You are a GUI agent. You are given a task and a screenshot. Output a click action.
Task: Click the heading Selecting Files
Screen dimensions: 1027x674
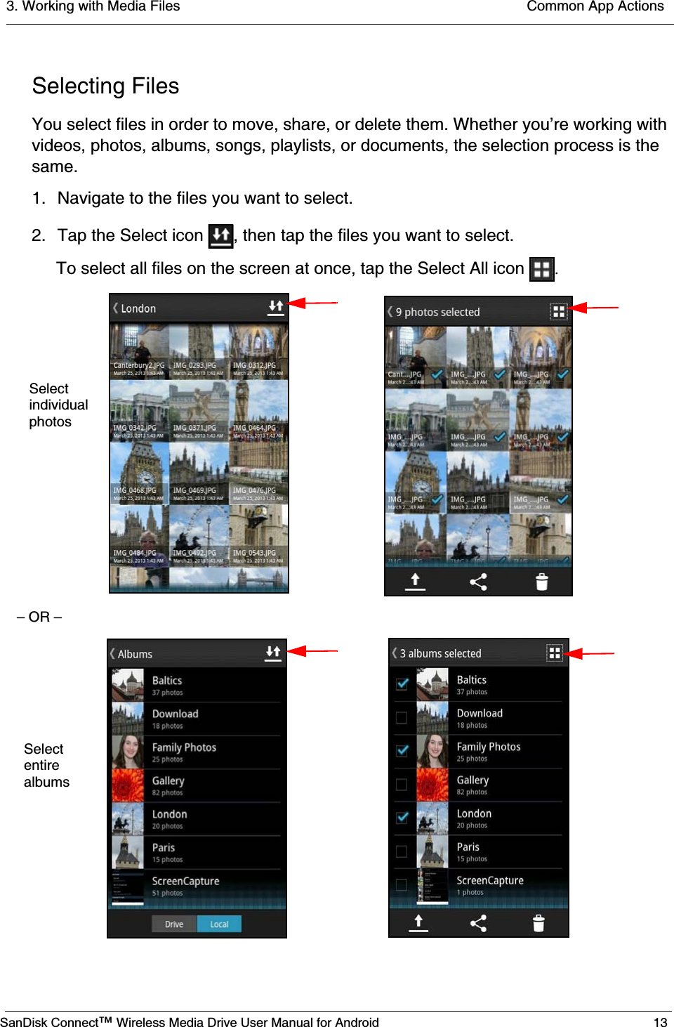[x=106, y=86]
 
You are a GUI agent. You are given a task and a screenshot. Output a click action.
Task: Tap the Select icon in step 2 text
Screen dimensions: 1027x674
[x=220, y=236]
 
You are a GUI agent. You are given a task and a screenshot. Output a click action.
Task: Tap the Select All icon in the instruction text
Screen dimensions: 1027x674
[x=541, y=269]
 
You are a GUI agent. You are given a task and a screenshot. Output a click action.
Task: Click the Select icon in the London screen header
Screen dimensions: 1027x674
[x=276, y=308]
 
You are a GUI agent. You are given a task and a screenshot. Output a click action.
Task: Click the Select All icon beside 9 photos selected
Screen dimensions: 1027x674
[x=558, y=311]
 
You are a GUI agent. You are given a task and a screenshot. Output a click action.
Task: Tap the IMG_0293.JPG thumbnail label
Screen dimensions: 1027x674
[x=194, y=365]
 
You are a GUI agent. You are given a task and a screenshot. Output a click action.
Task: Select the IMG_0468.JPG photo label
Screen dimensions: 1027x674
[x=135, y=490]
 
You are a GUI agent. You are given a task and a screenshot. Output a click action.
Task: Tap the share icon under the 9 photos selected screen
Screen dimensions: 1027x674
[x=478, y=582]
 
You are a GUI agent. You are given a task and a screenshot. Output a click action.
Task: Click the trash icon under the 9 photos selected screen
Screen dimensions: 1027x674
[x=541, y=582]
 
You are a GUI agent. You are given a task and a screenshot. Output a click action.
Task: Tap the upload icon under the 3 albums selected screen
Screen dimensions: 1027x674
[x=418, y=922]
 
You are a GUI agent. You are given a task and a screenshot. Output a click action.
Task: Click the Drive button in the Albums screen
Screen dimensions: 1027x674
[x=174, y=924]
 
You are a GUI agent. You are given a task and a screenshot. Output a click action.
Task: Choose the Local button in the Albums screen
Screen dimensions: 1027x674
[x=219, y=924]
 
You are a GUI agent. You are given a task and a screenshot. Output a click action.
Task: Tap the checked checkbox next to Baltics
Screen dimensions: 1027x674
[x=402, y=683]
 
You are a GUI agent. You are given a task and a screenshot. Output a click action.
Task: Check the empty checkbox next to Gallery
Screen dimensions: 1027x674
[x=402, y=785]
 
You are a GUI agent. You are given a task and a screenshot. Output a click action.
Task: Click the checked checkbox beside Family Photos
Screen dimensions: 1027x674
[x=402, y=750]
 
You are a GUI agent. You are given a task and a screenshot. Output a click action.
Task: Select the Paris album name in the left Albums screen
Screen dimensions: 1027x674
[x=164, y=847]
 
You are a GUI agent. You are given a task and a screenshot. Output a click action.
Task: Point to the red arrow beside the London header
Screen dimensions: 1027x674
[x=312, y=303]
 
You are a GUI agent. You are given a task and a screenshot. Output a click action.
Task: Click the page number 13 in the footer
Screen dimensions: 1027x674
[x=660, y=1022]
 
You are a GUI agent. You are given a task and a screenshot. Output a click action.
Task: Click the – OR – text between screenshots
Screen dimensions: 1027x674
[x=39, y=617]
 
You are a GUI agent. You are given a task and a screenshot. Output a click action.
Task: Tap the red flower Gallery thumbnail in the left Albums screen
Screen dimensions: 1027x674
[x=128, y=785]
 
